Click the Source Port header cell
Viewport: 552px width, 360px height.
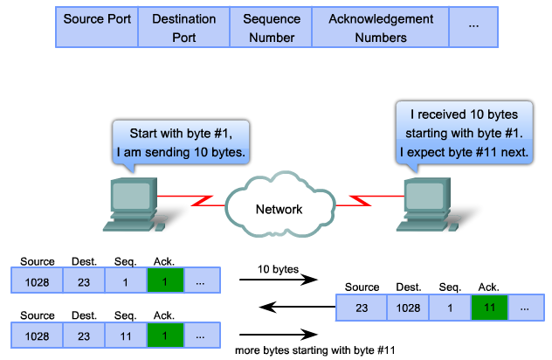97,28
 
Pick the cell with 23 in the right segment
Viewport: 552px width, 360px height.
361,308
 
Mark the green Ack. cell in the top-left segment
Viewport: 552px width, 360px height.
166,280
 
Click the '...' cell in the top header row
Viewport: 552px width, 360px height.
473,28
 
